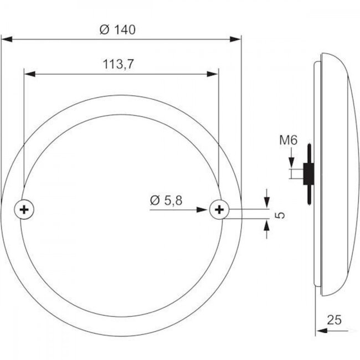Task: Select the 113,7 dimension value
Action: tap(117, 64)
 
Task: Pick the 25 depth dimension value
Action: tap(334, 320)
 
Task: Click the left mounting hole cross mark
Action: tap(24, 209)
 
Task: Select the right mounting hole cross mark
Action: tap(219, 209)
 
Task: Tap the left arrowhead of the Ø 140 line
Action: tap(7, 39)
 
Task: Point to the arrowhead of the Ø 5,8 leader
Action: tap(205, 209)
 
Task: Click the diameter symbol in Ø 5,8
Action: tap(155, 200)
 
